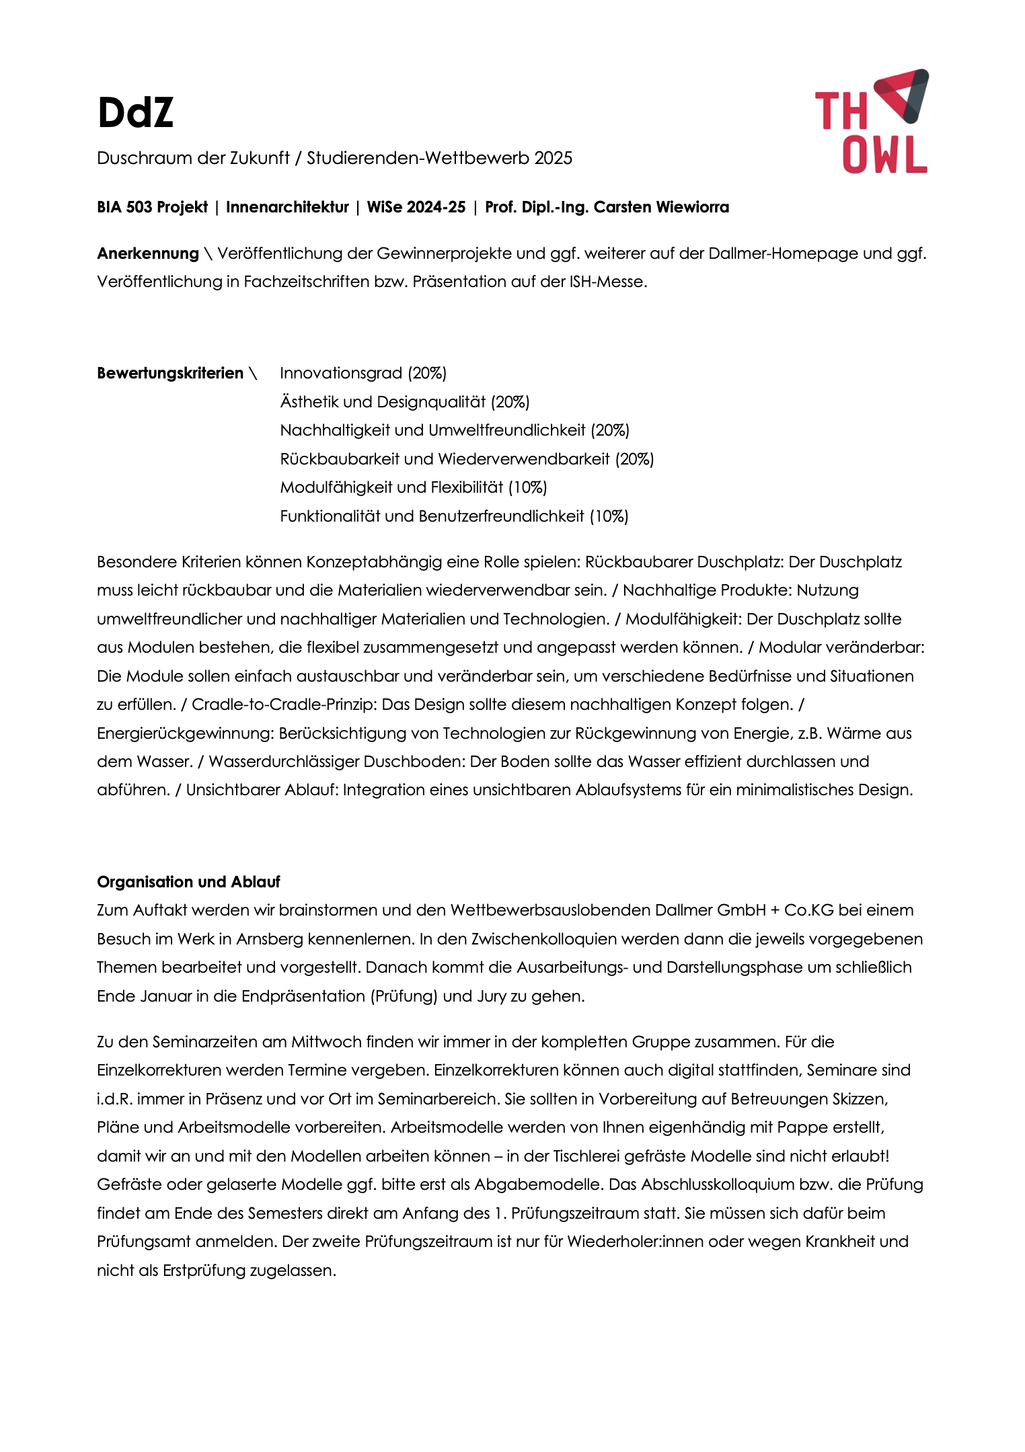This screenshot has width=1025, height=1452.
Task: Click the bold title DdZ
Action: point(135,112)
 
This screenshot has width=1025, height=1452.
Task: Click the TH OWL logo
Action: point(872,122)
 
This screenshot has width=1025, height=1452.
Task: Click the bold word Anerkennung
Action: point(148,253)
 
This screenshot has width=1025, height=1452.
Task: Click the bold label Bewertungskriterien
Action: point(170,373)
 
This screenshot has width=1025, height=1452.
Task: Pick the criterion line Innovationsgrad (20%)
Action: point(363,373)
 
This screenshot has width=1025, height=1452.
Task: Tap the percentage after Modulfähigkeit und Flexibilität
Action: point(527,487)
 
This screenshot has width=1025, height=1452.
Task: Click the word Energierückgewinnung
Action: point(185,733)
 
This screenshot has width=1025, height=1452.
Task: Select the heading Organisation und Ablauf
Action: point(188,882)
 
